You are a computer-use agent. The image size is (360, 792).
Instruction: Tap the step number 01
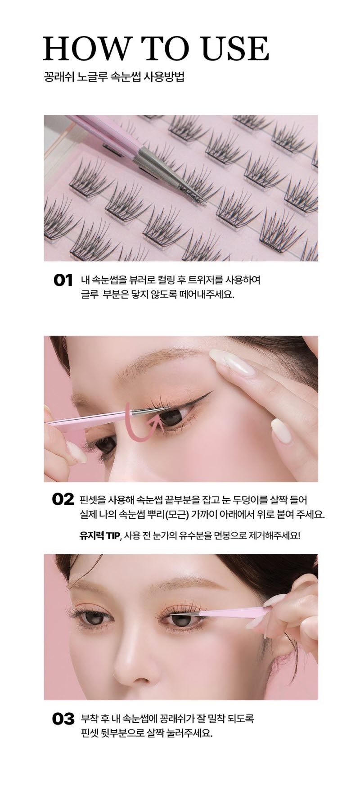click(x=63, y=281)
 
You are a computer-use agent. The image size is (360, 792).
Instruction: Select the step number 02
click(x=63, y=499)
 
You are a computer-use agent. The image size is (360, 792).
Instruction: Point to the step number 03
click(x=63, y=719)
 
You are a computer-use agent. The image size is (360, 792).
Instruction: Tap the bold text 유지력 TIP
click(x=100, y=535)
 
